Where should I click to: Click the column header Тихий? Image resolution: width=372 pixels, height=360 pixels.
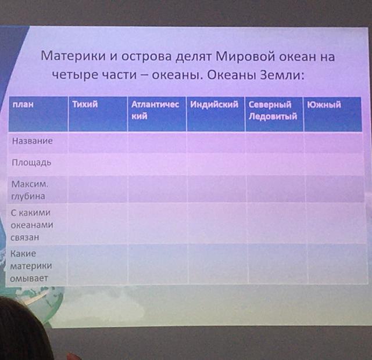(85, 105)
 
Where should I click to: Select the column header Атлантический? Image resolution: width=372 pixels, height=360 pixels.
(155, 110)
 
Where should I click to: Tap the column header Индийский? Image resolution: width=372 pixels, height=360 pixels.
(214, 105)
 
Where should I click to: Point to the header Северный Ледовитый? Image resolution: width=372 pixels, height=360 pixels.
(273, 110)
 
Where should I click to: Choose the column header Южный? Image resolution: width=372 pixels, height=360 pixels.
(324, 105)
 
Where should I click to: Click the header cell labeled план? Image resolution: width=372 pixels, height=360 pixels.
(23, 105)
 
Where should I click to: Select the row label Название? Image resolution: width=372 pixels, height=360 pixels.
(33, 141)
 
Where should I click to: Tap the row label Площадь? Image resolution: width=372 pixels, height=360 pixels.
(31, 163)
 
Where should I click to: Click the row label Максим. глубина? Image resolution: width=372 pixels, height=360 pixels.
(30, 190)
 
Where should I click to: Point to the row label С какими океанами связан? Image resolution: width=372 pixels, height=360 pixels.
(32, 225)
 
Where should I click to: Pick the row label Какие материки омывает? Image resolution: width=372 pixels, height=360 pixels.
(31, 266)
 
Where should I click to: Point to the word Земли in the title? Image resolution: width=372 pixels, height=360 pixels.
(282, 75)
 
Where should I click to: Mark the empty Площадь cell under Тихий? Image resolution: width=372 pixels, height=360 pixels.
(98, 164)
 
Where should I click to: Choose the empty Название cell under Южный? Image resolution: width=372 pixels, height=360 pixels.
(334, 142)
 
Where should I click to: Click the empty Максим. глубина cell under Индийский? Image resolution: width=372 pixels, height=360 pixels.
(217, 189)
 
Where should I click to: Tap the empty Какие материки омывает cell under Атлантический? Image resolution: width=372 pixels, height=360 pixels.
(158, 264)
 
